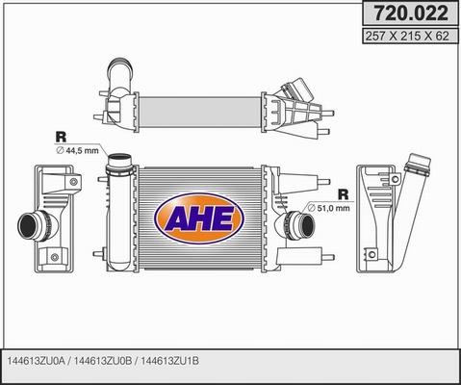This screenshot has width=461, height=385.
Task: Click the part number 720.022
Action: coord(411,13)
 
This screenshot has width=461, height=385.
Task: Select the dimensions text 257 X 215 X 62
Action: coord(407,36)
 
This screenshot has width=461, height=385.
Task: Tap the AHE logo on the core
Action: coord(199,218)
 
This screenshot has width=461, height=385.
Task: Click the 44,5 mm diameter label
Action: coord(77,150)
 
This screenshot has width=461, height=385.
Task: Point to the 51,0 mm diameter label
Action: coord(328,208)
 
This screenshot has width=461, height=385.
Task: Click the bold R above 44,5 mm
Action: coord(61,137)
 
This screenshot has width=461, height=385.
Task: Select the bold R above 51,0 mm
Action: coord(344,194)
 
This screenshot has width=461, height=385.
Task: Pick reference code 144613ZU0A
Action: coord(37,361)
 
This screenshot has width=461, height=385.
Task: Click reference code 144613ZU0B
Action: coord(103,361)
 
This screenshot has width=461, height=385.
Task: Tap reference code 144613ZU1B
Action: coord(169,361)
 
